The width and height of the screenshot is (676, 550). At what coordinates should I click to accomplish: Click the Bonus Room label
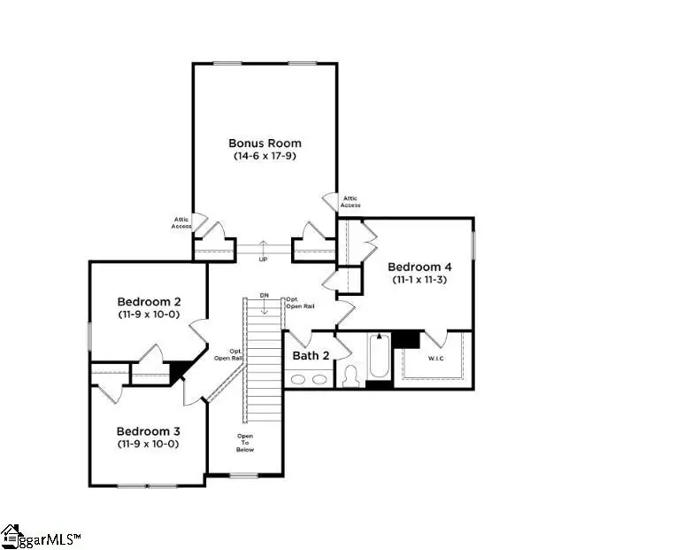click(x=265, y=143)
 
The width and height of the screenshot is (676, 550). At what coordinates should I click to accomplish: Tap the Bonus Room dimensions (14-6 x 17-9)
click(x=265, y=156)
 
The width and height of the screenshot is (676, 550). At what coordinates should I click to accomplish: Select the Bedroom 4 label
click(x=419, y=267)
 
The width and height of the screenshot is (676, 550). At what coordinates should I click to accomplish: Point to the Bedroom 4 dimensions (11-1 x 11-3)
click(x=419, y=279)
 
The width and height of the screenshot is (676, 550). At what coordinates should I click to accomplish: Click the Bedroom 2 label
click(x=149, y=301)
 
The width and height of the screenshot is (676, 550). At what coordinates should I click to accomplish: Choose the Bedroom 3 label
click(x=149, y=431)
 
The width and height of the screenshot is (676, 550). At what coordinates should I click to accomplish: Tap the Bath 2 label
click(x=311, y=356)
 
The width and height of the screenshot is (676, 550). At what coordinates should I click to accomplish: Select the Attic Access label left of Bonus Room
click(x=181, y=222)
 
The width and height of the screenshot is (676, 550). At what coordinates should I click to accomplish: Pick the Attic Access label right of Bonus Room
click(x=350, y=202)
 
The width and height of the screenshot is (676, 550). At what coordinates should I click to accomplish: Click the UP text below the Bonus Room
click(x=263, y=260)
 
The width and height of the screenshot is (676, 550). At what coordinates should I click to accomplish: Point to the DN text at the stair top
click(x=264, y=295)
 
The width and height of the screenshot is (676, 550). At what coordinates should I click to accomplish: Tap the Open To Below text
click(x=245, y=443)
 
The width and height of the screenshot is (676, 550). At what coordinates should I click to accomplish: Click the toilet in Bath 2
click(x=350, y=377)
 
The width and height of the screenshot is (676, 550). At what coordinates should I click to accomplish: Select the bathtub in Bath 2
click(x=379, y=359)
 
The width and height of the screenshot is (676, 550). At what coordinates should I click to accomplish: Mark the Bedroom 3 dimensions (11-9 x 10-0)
click(x=149, y=444)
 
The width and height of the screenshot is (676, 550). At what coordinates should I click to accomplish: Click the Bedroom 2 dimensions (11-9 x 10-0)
click(x=149, y=314)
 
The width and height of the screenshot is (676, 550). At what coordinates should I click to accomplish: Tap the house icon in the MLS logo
click(x=12, y=536)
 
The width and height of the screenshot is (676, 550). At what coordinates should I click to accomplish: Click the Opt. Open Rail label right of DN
click(x=297, y=303)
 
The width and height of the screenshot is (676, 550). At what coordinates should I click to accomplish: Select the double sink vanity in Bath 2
click(x=306, y=380)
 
